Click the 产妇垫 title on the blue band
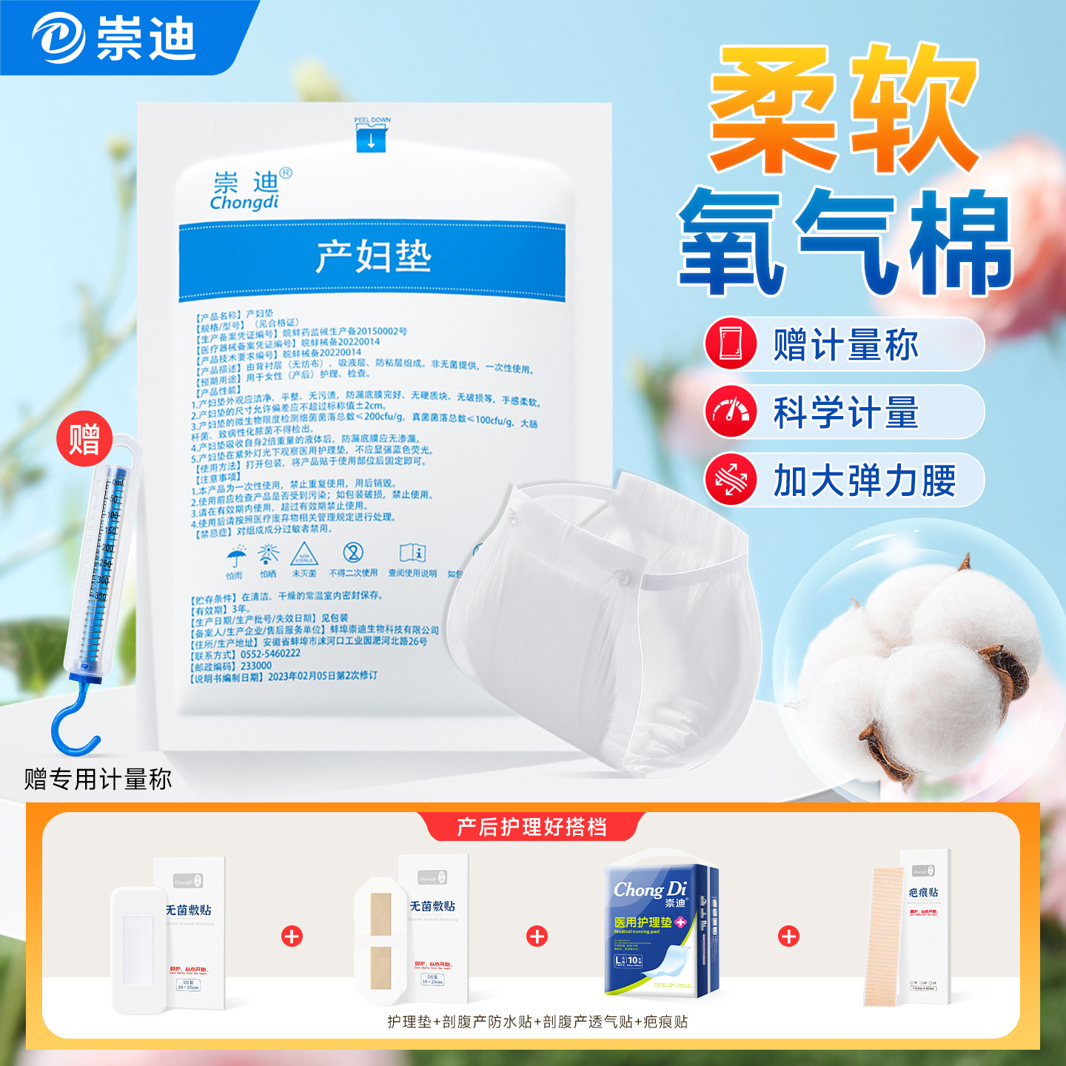(373, 257)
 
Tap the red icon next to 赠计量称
(731, 343)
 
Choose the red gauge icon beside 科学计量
(731, 412)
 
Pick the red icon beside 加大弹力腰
(731, 480)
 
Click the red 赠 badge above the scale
(84, 438)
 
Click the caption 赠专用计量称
(98, 779)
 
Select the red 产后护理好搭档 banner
(531, 826)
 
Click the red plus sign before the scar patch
(788, 936)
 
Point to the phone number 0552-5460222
(270, 654)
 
